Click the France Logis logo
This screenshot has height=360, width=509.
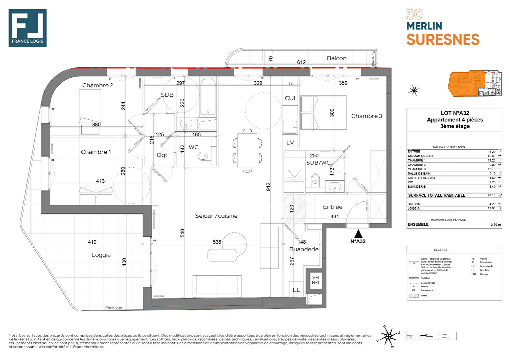coord(27,28)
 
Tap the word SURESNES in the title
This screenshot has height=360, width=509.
coord(443,40)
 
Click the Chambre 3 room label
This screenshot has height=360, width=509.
coord(366,116)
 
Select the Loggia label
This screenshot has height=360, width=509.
coord(101,255)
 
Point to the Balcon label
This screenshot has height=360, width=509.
coord(336,58)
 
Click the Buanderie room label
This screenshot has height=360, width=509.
coord(304,249)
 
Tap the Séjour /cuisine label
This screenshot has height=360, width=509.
coord(216,216)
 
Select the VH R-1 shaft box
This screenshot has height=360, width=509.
coord(315,280)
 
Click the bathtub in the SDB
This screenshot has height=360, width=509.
coord(208,97)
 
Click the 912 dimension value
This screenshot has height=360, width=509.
coord(268,187)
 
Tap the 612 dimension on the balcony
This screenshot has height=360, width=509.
coord(301,62)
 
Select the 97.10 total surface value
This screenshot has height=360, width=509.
coord(491,195)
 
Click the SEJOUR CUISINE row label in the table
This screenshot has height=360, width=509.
coord(420,156)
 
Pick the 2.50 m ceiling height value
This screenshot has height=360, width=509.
coord(496,225)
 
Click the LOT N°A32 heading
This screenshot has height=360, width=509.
coord(455,113)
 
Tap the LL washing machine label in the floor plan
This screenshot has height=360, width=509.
coord(296,290)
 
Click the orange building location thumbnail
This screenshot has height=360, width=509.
coord(475,84)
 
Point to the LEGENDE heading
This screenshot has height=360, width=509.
coord(440,250)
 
